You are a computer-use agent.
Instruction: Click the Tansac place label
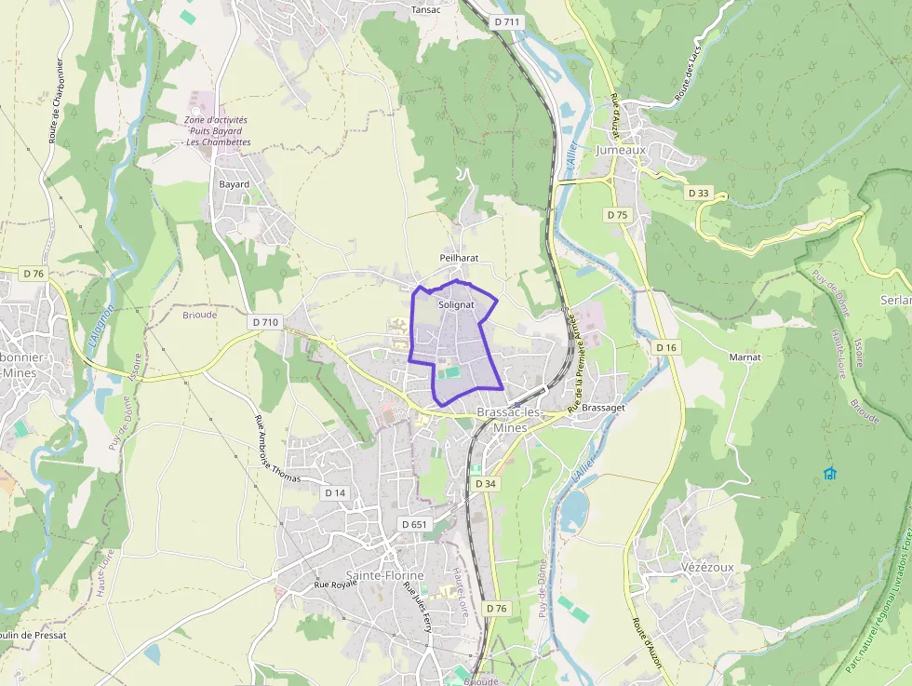(425, 10)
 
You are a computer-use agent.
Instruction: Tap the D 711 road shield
(508, 21)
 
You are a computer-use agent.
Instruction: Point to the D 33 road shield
(698, 193)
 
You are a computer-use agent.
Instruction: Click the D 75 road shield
(617, 215)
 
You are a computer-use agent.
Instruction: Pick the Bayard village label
(234, 184)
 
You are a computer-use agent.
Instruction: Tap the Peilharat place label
(459, 257)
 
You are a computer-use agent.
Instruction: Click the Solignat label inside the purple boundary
(456, 304)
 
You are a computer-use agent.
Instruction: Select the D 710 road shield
(265, 322)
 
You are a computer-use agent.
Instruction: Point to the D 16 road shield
(665, 347)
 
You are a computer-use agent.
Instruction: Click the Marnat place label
(744, 357)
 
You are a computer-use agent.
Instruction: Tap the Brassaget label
(603, 408)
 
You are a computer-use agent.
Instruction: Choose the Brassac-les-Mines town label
(502, 420)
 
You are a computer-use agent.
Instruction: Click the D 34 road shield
(486, 484)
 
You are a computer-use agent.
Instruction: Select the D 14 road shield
(335, 492)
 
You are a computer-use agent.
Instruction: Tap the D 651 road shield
(414, 524)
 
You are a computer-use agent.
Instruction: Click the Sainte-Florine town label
(384, 575)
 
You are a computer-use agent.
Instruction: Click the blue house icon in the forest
(830, 474)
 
